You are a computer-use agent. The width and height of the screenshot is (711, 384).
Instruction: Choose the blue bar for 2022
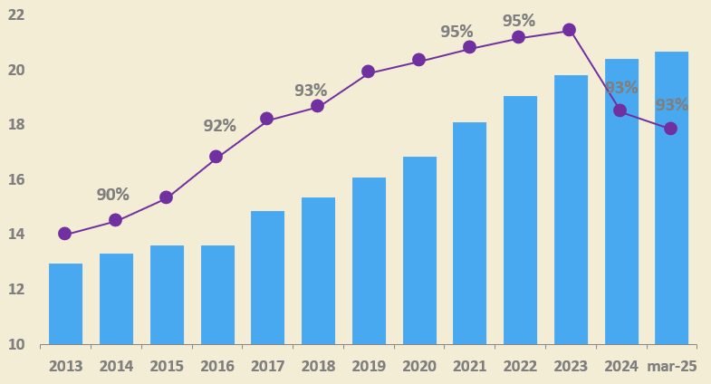[520, 220]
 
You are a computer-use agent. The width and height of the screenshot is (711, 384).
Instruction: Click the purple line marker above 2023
[569, 30]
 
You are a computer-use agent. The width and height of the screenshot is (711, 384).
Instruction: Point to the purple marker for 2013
[64, 234]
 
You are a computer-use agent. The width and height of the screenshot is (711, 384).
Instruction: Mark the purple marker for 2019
[368, 72]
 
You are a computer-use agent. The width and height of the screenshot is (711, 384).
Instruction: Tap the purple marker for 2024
[620, 110]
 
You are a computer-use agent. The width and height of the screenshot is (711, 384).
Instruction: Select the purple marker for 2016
[216, 157]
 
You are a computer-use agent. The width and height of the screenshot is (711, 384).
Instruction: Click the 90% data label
[112, 195]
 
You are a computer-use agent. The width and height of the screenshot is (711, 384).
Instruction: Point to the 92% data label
[219, 126]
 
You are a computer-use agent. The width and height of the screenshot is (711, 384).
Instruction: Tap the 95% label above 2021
[456, 32]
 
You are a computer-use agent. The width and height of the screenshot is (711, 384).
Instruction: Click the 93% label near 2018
[311, 91]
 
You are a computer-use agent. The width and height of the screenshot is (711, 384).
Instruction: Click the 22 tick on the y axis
[15, 15]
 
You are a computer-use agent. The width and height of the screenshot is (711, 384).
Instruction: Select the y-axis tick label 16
[15, 180]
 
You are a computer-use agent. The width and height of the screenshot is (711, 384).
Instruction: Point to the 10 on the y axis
[15, 345]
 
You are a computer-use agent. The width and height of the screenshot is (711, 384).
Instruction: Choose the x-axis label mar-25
[671, 366]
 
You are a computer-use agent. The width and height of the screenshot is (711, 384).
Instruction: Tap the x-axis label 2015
[167, 366]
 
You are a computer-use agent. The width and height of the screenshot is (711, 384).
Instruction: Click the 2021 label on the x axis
[469, 366]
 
